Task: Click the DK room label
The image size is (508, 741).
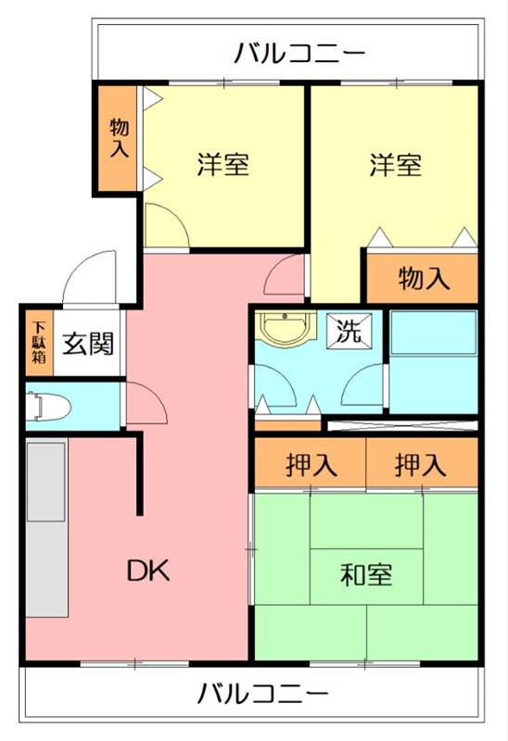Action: point(148,571)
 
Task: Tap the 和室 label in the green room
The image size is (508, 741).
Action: point(366,574)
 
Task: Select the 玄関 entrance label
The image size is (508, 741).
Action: point(89,344)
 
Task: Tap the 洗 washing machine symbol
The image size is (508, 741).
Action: point(350,331)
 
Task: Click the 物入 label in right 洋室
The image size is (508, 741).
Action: point(424,277)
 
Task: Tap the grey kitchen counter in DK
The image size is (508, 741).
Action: point(45,528)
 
